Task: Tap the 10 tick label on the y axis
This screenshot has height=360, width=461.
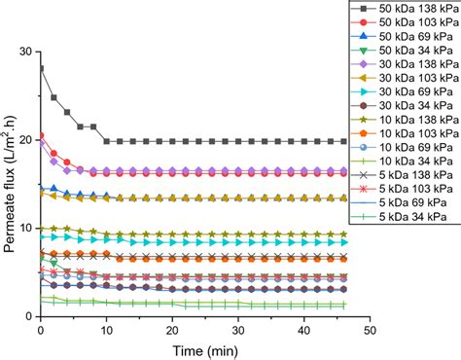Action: click(24, 228)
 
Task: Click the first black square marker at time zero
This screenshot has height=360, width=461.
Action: click(40, 68)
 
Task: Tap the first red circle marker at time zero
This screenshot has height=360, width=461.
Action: click(40, 135)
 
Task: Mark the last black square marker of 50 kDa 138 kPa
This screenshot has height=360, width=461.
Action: click(343, 141)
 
